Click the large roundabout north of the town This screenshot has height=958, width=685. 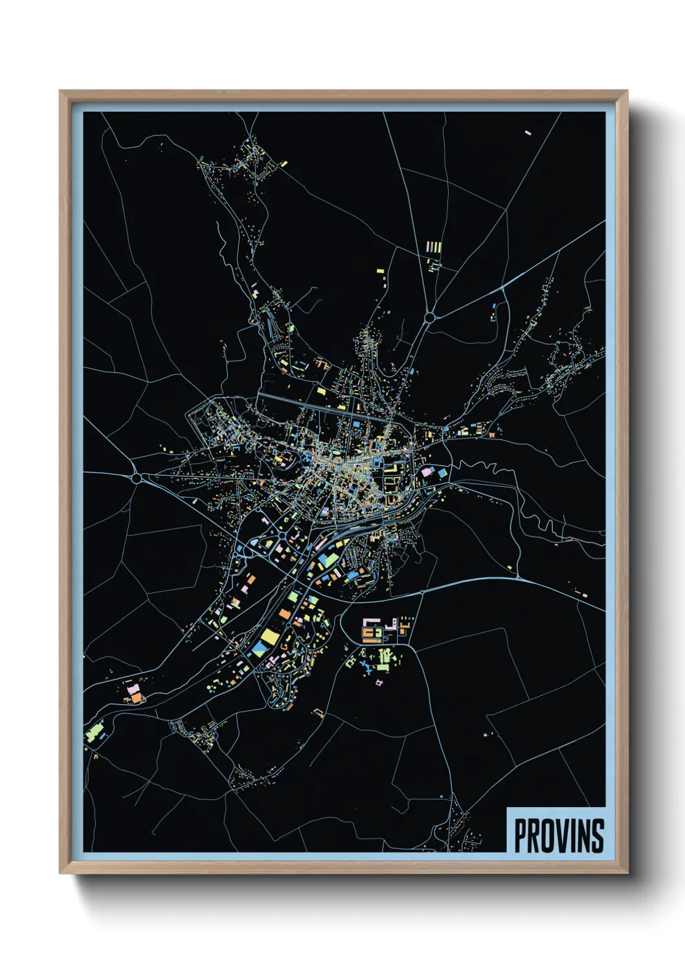tap(429, 317)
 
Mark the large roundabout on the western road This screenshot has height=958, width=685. tap(137, 478)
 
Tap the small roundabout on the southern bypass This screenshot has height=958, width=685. tap(421, 592)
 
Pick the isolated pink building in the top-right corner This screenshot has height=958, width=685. tap(527, 133)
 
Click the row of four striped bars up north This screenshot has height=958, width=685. tap(434, 247)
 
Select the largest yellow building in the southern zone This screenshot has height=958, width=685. tap(269, 635)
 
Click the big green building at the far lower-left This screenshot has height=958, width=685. tap(95, 733)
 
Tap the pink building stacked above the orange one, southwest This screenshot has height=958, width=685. tap(133, 690)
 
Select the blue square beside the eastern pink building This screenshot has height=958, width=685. tap(442, 473)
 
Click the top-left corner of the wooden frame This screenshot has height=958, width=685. tap(60, 91)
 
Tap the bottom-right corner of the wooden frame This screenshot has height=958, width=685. tap(627, 874)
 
